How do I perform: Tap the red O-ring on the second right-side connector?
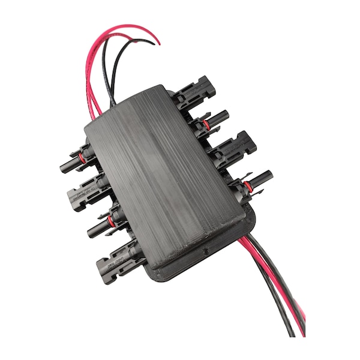(205, 124)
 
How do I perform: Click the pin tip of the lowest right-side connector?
(269, 174)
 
